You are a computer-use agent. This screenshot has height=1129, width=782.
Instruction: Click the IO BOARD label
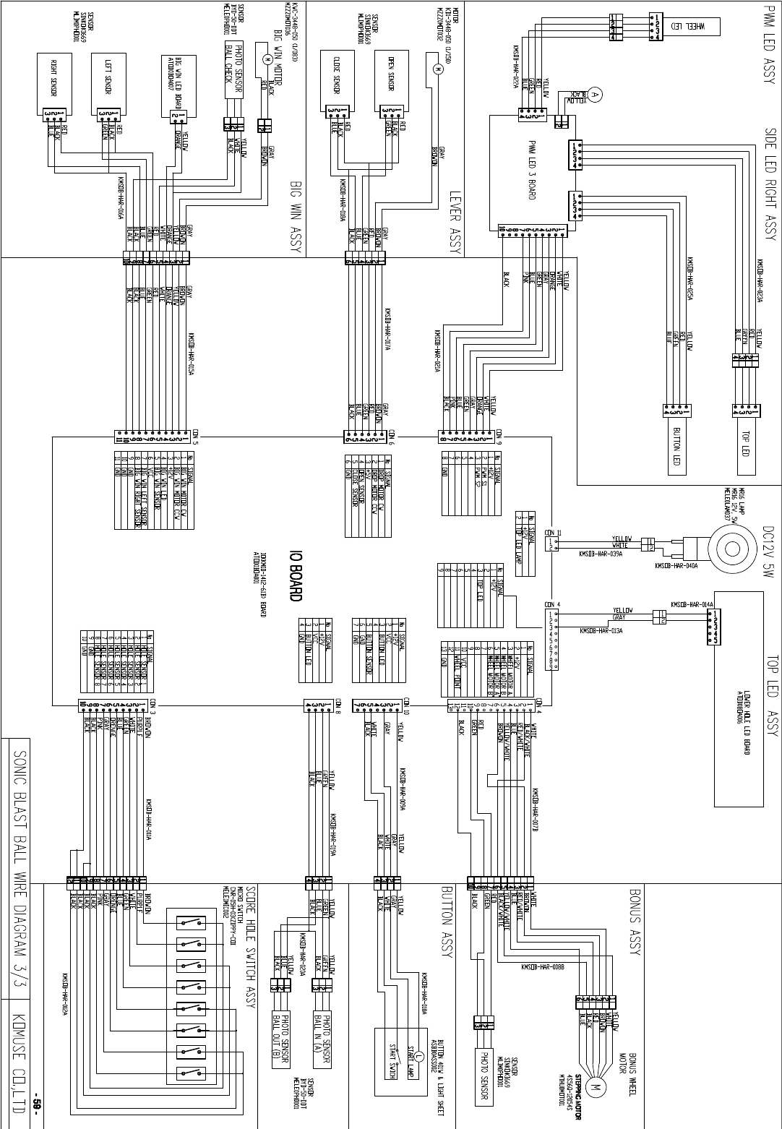[295, 578]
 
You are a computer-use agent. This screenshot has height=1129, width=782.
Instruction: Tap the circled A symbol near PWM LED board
[595, 94]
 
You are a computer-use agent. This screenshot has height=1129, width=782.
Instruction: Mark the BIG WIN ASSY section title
[295, 215]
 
